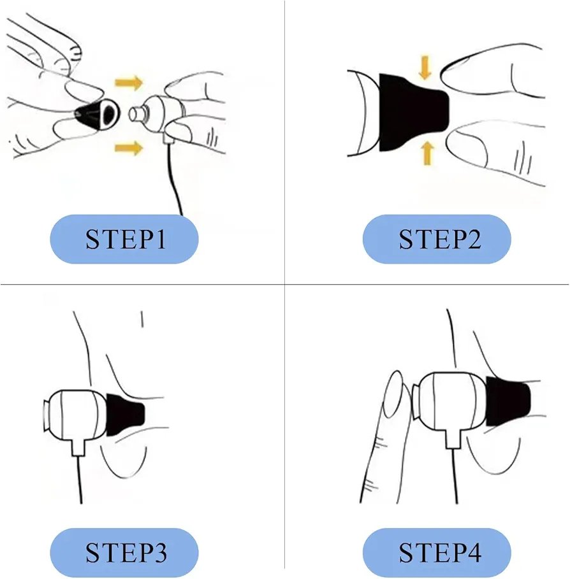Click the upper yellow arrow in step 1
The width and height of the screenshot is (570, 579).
(x=129, y=83)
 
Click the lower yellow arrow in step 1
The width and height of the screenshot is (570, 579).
(x=129, y=148)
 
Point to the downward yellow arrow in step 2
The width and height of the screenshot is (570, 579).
(x=425, y=68)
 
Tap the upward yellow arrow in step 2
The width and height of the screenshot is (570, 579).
(x=427, y=154)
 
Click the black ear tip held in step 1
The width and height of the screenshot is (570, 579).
(x=98, y=114)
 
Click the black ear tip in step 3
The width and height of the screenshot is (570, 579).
(x=124, y=415)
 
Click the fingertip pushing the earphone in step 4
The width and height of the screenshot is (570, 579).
(x=395, y=394)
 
